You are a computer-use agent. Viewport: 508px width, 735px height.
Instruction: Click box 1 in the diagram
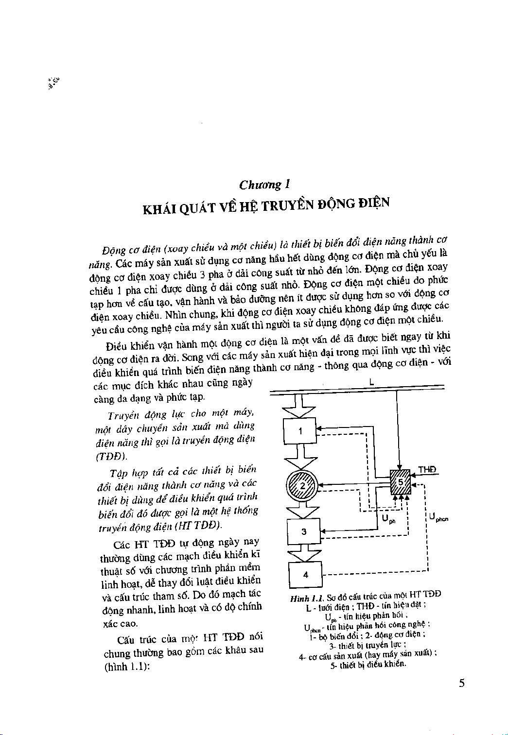click(x=299, y=431)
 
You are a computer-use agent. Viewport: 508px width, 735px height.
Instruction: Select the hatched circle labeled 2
click(x=302, y=486)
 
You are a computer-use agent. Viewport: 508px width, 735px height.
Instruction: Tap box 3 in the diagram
click(x=304, y=531)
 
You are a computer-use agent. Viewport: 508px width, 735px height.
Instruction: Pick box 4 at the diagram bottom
click(x=305, y=575)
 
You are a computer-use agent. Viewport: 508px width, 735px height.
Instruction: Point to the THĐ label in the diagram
click(x=427, y=469)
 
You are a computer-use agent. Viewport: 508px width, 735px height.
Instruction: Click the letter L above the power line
click(x=371, y=382)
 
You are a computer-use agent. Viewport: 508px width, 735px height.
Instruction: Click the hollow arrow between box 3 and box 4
click(x=304, y=553)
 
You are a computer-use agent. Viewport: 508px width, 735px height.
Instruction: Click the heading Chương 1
click(x=264, y=185)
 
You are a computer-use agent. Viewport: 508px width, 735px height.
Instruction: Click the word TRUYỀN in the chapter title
click(x=287, y=205)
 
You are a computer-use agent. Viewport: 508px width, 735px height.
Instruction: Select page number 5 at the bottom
click(x=461, y=684)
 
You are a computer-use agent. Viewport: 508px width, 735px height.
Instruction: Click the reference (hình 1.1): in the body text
click(x=127, y=667)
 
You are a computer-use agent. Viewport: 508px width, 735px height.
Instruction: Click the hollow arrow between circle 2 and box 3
click(x=302, y=510)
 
